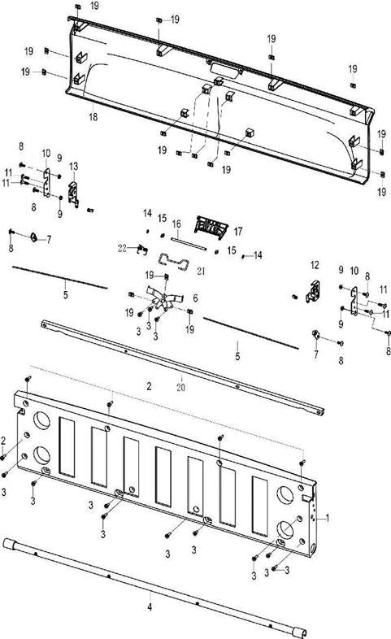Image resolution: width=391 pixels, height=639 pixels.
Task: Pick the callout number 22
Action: click(x=123, y=247)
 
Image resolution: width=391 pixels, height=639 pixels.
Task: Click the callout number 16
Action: click(x=176, y=222)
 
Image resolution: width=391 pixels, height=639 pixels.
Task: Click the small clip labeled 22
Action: click(x=140, y=248)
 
